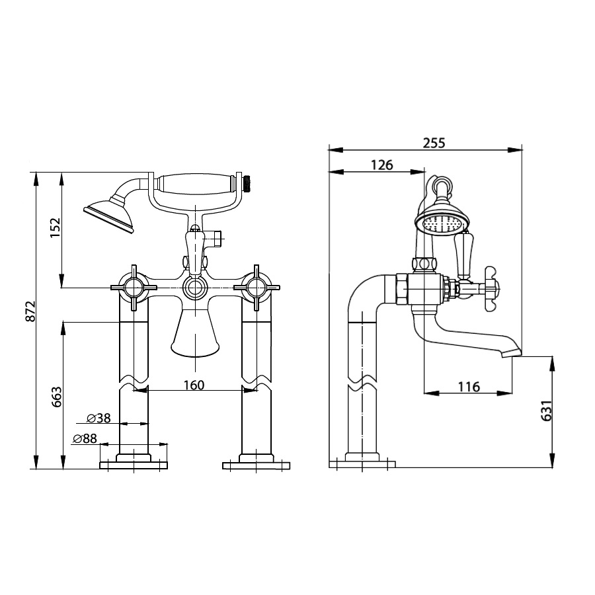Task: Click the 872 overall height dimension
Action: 30,311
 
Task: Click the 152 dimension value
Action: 56,227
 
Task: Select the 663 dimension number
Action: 56,397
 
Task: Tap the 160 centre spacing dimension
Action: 194,385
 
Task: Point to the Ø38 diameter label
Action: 99,418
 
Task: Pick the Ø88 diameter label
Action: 85,439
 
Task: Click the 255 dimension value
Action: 434,143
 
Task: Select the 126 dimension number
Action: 381,165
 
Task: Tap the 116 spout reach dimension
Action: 469,387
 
